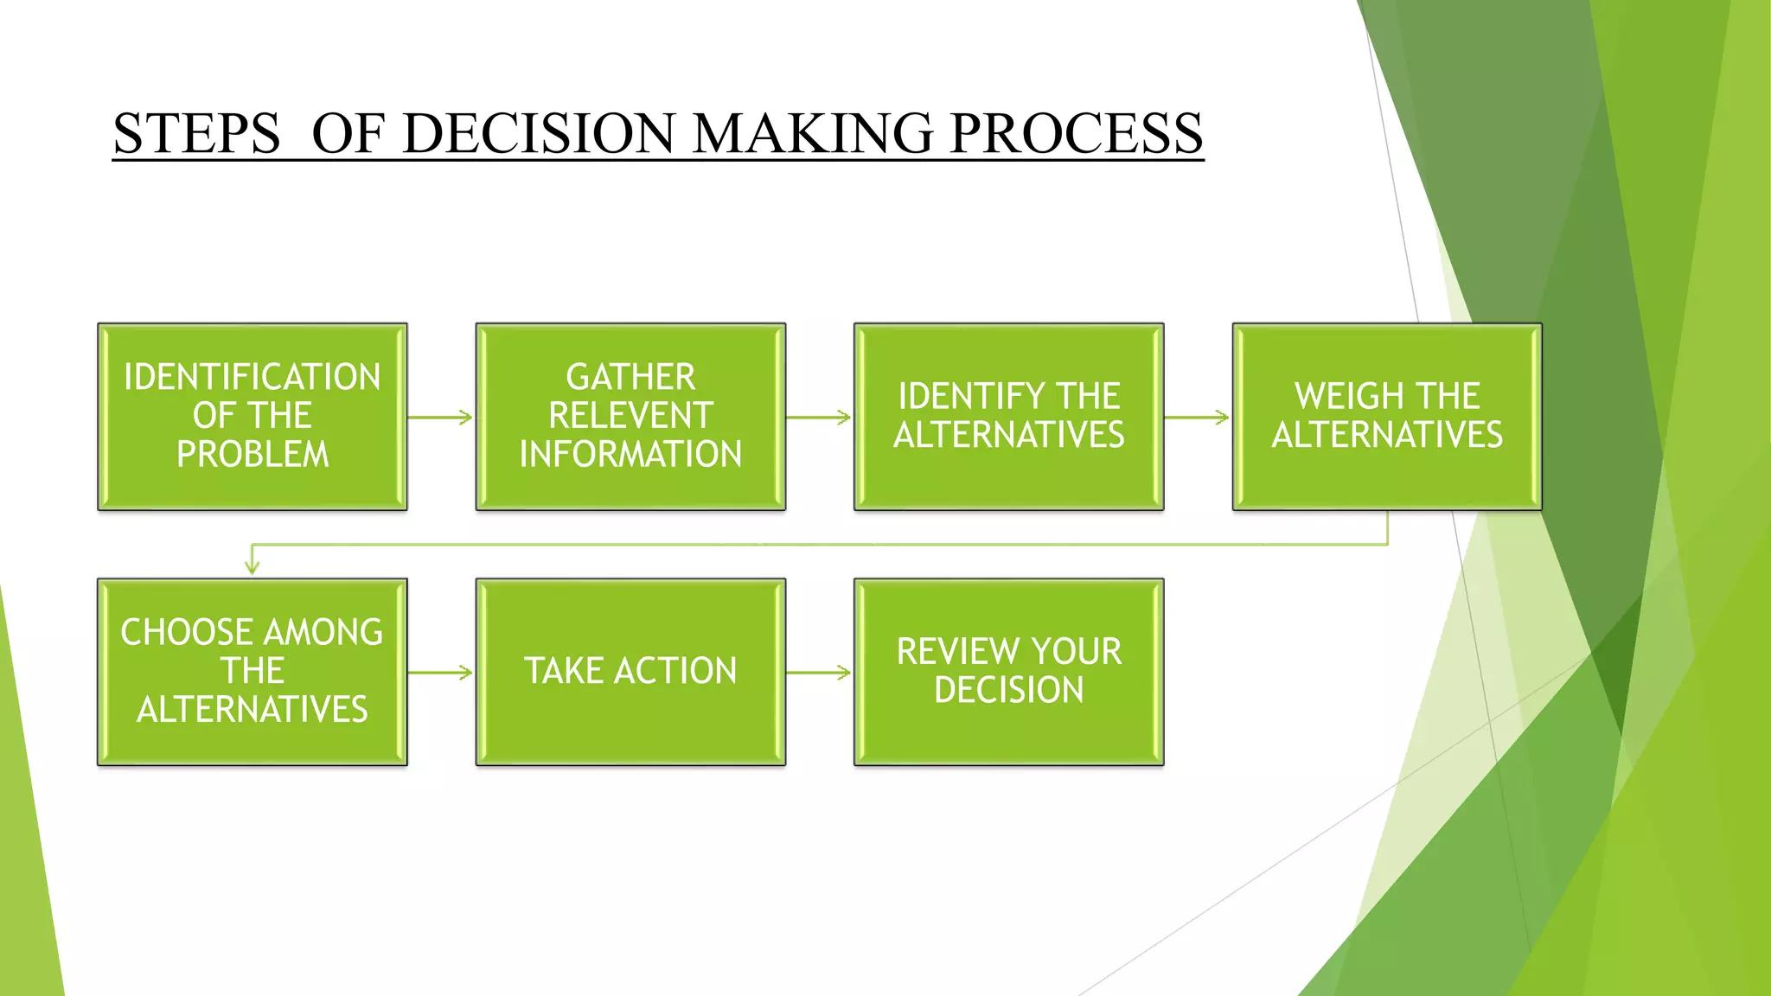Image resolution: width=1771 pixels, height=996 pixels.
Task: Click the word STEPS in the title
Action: (196, 134)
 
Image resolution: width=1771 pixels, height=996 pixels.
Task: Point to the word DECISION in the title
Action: (538, 134)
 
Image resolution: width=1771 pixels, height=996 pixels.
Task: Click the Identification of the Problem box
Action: (252, 417)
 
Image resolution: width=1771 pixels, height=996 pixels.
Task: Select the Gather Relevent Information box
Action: (630, 417)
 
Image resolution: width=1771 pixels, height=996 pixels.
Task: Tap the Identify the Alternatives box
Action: (1008, 417)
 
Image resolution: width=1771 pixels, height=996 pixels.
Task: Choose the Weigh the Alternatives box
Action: (1387, 417)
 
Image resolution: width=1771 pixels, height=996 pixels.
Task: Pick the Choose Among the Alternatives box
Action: (252, 672)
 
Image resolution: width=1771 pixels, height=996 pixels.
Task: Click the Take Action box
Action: (630, 672)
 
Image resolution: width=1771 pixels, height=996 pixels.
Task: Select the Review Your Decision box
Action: (1008, 672)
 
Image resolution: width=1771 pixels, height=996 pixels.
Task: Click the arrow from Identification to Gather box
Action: (440, 418)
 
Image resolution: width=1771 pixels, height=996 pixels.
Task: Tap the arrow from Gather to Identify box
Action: (819, 418)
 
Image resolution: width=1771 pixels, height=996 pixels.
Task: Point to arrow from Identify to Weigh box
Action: (1197, 418)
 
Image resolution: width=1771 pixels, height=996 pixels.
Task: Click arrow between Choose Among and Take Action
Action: (440, 673)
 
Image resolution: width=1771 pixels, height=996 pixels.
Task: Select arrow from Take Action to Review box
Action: (819, 673)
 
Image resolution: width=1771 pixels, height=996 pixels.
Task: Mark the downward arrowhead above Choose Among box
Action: (252, 566)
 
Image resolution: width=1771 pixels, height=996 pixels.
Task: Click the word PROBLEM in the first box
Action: (253, 455)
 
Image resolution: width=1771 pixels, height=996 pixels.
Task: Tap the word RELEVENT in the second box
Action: (630, 416)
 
